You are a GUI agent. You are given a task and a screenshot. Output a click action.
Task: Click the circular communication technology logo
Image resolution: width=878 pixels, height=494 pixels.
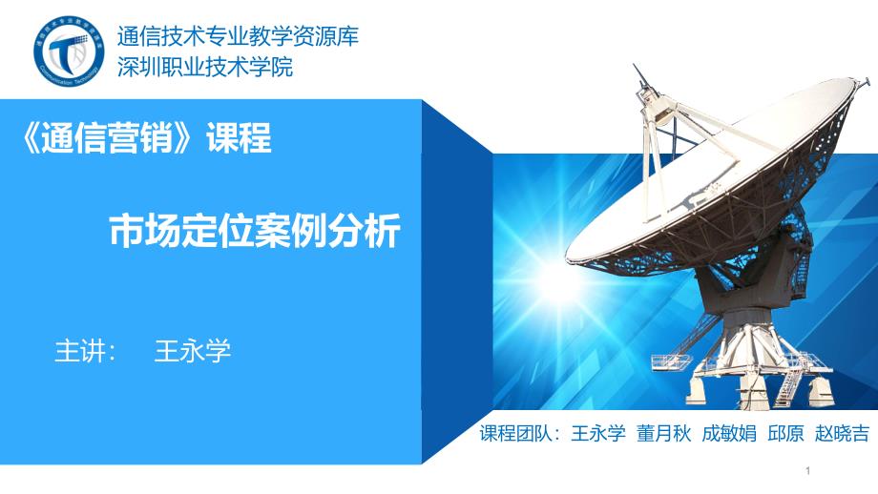click(x=69, y=51)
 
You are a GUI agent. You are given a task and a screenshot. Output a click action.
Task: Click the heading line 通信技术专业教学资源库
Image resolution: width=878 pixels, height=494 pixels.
click(x=238, y=37)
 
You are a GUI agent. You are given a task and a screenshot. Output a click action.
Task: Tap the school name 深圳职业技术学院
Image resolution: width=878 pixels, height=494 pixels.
click(x=205, y=67)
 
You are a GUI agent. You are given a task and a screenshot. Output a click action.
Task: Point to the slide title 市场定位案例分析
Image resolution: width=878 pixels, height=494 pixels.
click(x=255, y=231)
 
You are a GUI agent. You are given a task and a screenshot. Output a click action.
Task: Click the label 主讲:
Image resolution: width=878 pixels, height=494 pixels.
click(x=85, y=351)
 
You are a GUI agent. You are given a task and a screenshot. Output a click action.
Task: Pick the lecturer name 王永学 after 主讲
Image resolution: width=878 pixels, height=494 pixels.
click(x=192, y=351)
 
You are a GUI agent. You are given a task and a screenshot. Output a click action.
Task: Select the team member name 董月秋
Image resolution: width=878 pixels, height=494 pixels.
click(x=663, y=433)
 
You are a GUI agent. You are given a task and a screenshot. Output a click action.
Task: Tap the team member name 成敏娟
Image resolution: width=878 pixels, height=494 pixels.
click(x=729, y=433)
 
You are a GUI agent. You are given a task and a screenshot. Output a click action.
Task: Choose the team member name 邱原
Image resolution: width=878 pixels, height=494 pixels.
click(x=785, y=433)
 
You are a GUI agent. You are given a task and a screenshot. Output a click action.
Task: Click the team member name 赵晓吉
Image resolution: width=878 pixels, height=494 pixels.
click(x=842, y=433)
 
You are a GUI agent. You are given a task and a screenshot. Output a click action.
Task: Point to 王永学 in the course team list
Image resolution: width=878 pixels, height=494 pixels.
click(x=598, y=433)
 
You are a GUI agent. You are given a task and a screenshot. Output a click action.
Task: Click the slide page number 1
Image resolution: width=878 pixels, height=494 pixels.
click(x=808, y=471)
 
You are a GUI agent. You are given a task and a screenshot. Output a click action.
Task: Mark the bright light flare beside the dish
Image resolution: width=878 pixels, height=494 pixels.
click(x=554, y=279)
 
